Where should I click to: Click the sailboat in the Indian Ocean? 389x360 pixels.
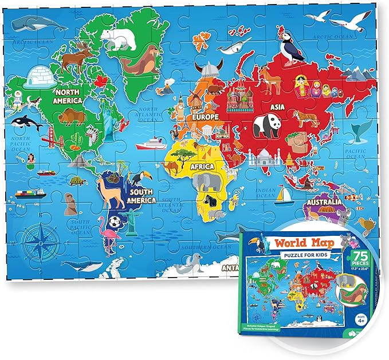click(x=282, y=195)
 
